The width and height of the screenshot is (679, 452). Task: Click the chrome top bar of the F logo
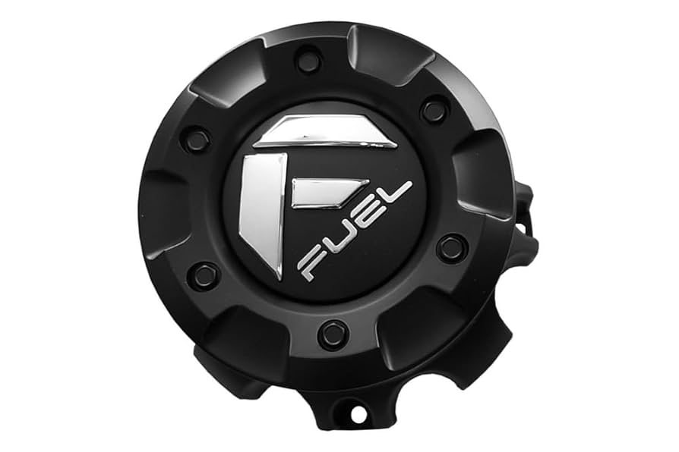click(327, 133)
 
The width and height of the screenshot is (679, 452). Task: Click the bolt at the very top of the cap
click(308, 60)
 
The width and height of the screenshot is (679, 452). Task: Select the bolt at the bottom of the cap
click(333, 334)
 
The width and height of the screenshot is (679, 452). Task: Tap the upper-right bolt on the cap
click(434, 111)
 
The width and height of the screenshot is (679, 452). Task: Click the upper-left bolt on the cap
click(197, 139)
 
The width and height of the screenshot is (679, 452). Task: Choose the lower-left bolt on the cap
click(204, 276)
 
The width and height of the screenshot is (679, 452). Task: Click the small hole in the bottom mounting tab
click(355, 415)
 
